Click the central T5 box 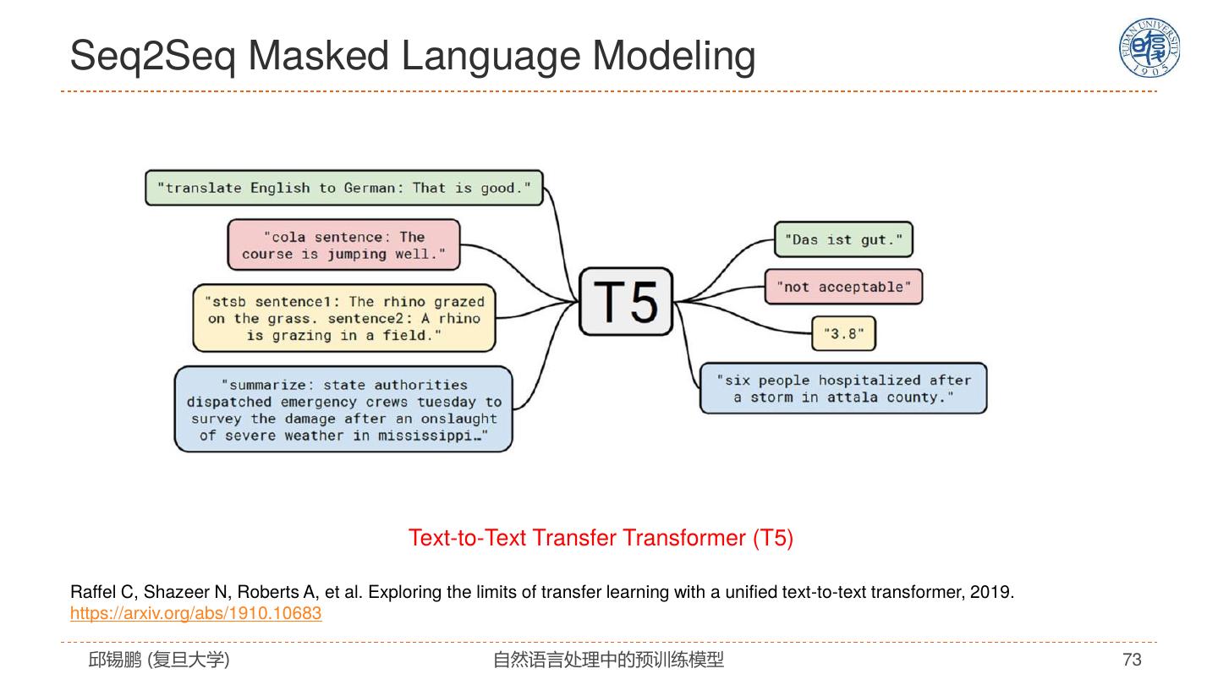tap(626, 302)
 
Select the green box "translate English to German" tap(344, 188)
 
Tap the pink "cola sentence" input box tap(343, 245)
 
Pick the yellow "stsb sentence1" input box tap(344, 318)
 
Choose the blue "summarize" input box tap(343, 409)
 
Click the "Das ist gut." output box tap(843, 239)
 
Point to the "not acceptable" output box tap(843, 287)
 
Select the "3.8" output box tap(843, 333)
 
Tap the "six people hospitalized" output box tap(843, 389)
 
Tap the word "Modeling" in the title tap(673, 57)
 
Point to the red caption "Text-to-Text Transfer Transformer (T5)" tap(601, 538)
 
